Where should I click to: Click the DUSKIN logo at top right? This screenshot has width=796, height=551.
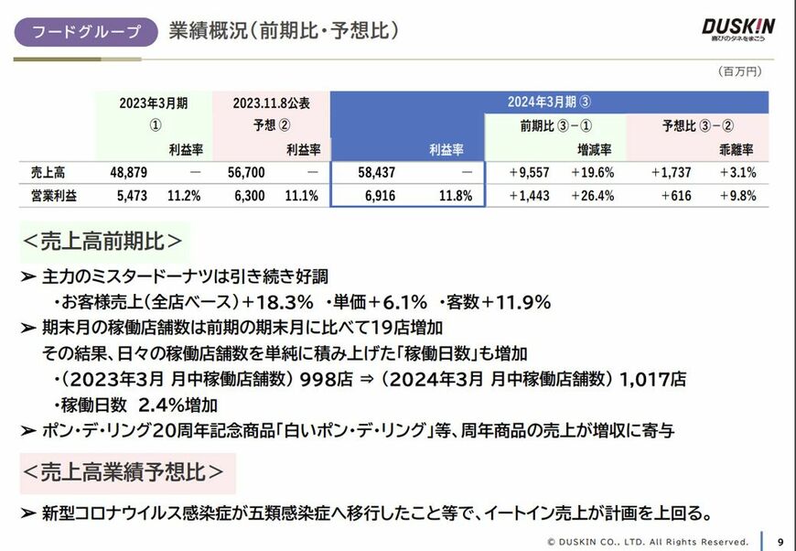coord(737,28)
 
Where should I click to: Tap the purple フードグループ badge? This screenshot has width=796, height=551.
coord(87,32)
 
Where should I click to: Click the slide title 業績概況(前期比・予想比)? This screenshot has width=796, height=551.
coord(284,31)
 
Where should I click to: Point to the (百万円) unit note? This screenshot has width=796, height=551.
coord(739,70)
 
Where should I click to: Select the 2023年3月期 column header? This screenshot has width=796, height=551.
coord(154,103)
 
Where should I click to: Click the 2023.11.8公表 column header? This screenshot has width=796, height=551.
coord(272,103)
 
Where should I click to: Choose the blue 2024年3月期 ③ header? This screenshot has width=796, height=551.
coord(549,102)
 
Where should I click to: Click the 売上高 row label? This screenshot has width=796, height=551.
coord(48,172)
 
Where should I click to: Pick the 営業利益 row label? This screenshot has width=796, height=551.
coord(53,196)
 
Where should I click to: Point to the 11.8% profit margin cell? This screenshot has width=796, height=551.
coord(455,196)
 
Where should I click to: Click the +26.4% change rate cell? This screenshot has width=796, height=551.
coord(592,196)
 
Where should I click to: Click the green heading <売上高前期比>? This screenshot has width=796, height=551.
coord(102,242)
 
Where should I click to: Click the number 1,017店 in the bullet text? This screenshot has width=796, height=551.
coord(651,379)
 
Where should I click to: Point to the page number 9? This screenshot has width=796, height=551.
coord(779,541)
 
